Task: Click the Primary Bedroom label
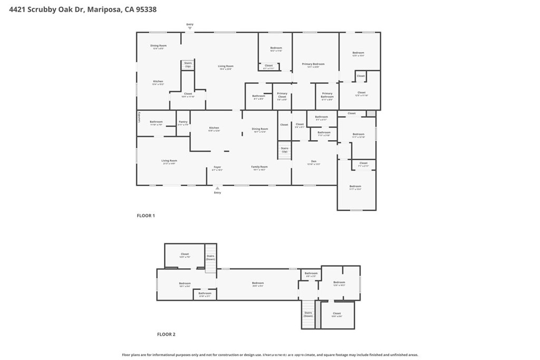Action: tap(313, 64)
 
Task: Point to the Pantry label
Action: tap(182, 122)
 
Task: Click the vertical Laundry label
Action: tap(139, 116)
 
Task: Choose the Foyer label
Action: tap(217, 167)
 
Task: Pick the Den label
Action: tap(313, 161)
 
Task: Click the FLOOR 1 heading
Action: tap(146, 216)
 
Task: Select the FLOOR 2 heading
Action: tap(166, 334)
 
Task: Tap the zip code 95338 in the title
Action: tap(146, 9)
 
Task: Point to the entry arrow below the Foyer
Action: tap(217, 188)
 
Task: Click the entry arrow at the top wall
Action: tap(190, 27)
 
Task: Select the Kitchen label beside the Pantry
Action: tap(214, 128)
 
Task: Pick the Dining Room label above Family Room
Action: tap(260, 129)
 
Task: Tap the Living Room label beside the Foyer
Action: tap(169, 161)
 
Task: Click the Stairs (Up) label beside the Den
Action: tap(284, 149)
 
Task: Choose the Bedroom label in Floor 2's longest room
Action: tap(257, 284)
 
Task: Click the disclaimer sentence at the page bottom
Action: tap(270, 355)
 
